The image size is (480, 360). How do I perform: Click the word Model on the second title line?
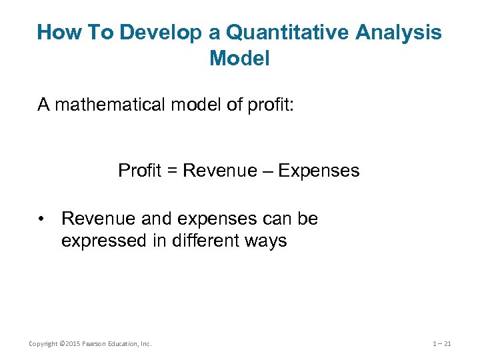(x=239, y=59)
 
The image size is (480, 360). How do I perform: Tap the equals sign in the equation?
(x=171, y=171)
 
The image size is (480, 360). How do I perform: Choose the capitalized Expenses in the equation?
(x=319, y=171)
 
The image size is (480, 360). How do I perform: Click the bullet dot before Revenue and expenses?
(x=42, y=219)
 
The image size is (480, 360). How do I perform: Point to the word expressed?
(x=103, y=241)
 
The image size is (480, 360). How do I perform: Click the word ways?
(x=264, y=241)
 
